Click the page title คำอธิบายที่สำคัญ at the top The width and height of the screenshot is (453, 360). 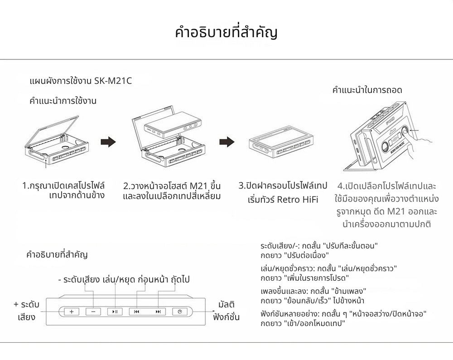(226, 33)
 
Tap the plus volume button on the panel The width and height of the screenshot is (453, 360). (71, 311)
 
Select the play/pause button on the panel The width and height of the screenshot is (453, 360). (115, 311)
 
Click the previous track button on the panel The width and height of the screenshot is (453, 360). (137, 311)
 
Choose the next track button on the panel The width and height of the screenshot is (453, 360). (158, 311)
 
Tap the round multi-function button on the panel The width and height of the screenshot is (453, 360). (180, 311)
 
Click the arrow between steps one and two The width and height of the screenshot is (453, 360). (108, 142)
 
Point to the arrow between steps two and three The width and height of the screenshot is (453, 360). (226, 142)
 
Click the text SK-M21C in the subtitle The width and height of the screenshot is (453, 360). (113, 82)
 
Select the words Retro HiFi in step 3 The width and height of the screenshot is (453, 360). (299, 199)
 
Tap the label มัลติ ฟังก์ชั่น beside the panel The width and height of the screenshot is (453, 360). (226, 311)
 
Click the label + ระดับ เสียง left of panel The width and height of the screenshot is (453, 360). (26, 311)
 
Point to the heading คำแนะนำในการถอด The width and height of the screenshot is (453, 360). (367, 90)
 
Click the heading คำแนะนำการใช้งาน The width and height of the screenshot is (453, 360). (63, 101)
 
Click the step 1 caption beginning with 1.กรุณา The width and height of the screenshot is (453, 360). (63, 190)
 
